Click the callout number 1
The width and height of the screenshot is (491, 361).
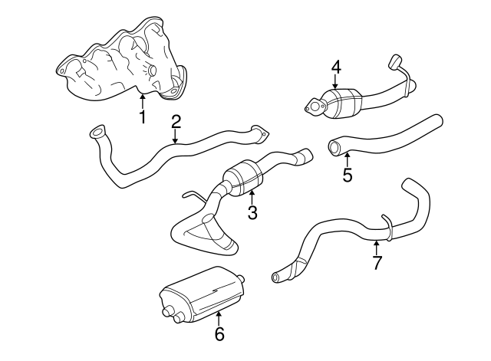142,117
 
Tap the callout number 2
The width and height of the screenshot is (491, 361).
176,120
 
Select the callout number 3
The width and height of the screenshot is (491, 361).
250,212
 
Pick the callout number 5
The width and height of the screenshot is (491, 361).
347,175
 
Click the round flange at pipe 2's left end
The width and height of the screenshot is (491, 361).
96,133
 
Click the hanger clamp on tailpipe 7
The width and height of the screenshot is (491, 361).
390,228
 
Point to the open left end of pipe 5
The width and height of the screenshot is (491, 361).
334,146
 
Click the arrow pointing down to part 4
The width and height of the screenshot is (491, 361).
335,85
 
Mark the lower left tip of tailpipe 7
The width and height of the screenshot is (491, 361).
277,276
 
